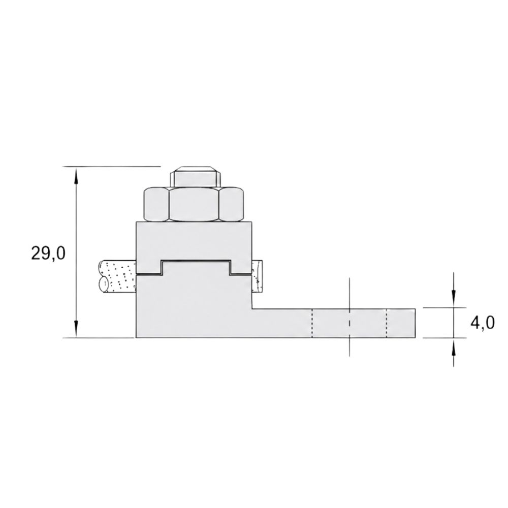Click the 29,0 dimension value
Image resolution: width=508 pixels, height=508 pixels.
point(48,253)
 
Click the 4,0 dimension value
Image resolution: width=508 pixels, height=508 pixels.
point(483,323)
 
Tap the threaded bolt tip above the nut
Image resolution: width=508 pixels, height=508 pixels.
point(196,177)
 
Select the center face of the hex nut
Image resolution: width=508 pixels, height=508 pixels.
point(194,204)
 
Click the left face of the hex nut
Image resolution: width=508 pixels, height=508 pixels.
point(156,204)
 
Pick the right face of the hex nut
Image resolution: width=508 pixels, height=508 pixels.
point(232,204)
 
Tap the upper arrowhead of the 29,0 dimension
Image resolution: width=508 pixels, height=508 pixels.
point(76,175)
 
